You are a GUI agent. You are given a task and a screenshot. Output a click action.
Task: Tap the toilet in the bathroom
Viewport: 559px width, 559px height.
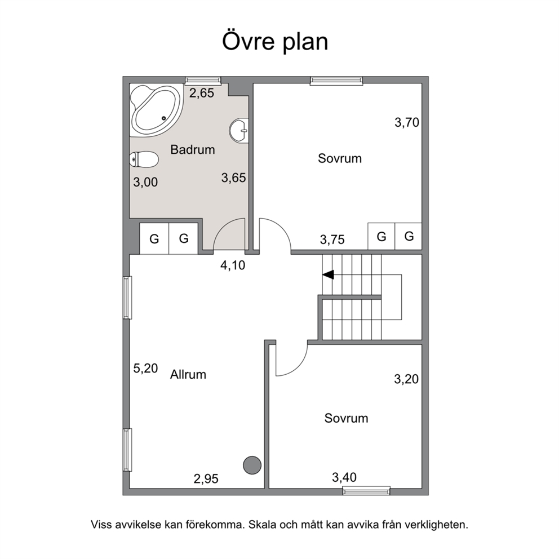tap(144, 159)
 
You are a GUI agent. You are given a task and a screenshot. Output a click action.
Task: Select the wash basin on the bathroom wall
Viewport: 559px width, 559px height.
tap(239, 131)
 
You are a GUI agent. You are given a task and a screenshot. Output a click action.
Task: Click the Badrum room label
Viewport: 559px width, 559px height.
tap(193, 149)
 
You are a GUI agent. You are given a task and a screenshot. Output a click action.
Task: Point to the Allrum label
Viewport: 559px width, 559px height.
tap(188, 374)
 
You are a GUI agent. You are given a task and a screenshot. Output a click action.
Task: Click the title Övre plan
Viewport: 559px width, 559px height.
tap(275, 42)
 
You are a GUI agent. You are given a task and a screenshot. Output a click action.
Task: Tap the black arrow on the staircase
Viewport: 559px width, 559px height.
tap(328, 274)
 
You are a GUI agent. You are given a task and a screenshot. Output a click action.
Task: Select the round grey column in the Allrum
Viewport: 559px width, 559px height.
tap(252, 465)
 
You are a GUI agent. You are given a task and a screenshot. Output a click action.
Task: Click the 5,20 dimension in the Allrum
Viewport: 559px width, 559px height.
tap(145, 369)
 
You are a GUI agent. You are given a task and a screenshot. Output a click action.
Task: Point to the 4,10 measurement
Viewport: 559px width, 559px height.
tap(233, 265)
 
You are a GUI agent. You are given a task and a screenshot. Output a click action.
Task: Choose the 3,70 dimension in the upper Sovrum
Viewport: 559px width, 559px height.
tap(407, 123)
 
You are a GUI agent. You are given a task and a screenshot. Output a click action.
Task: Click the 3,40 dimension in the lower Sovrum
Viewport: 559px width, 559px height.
tap(344, 477)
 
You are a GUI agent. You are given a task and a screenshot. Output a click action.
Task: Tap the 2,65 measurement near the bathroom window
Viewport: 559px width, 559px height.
tap(202, 93)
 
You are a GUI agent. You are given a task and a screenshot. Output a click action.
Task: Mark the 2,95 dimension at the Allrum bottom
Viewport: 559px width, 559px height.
tap(206, 479)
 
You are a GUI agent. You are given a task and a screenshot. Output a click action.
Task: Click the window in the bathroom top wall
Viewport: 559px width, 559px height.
tap(203, 81)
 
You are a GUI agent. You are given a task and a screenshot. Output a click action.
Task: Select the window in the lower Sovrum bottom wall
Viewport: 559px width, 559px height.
tap(366, 491)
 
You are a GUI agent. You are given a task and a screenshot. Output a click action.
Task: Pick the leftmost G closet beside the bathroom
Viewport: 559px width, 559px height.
tap(154, 238)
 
